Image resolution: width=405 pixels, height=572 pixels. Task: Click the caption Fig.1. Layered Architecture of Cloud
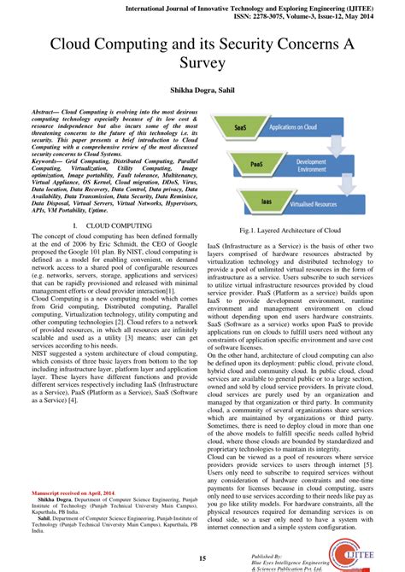[x=291, y=231]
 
